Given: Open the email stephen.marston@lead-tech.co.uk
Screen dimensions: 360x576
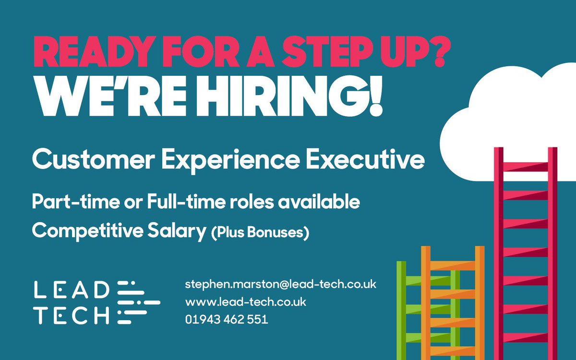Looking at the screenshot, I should [x=281, y=284].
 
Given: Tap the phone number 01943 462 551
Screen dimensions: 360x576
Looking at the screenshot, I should [x=227, y=319].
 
